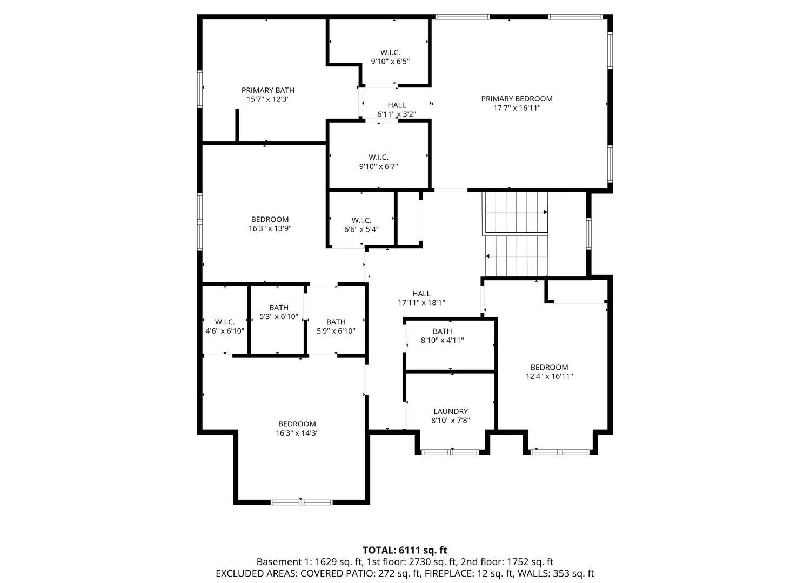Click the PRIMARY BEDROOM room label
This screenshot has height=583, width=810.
[x=517, y=99]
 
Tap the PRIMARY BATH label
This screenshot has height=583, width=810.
[x=267, y=90]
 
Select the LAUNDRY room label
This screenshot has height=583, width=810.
[x=450, y=411]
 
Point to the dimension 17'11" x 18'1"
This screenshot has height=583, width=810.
[x=421, y=303]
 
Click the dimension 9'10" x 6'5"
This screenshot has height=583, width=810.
[x=390, y=62]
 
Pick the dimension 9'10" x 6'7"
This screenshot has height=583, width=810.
[x=378, y=167]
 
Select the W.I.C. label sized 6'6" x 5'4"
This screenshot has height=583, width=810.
[x=361, y=220]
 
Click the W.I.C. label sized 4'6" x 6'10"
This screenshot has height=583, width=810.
[x=224, y=322]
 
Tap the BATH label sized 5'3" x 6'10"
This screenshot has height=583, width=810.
[x=279, y=308]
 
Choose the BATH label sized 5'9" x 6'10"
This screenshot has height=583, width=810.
[x=336, y=322]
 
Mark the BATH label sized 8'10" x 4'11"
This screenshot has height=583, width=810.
[x=442, y=331]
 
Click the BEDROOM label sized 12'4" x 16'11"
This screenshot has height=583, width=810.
[x=549, y=368]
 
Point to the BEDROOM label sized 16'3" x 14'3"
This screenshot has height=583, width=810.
[x=297, y=424]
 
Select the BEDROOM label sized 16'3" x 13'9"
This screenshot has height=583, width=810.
[x=270, y=220]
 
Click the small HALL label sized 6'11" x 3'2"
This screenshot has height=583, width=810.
[x=396, y=105]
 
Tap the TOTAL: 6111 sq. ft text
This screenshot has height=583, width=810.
[x=405, y=551]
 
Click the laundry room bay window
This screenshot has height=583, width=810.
[x=450, y=452]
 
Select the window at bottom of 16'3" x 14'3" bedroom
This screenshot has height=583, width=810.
[x=302, y=503]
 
